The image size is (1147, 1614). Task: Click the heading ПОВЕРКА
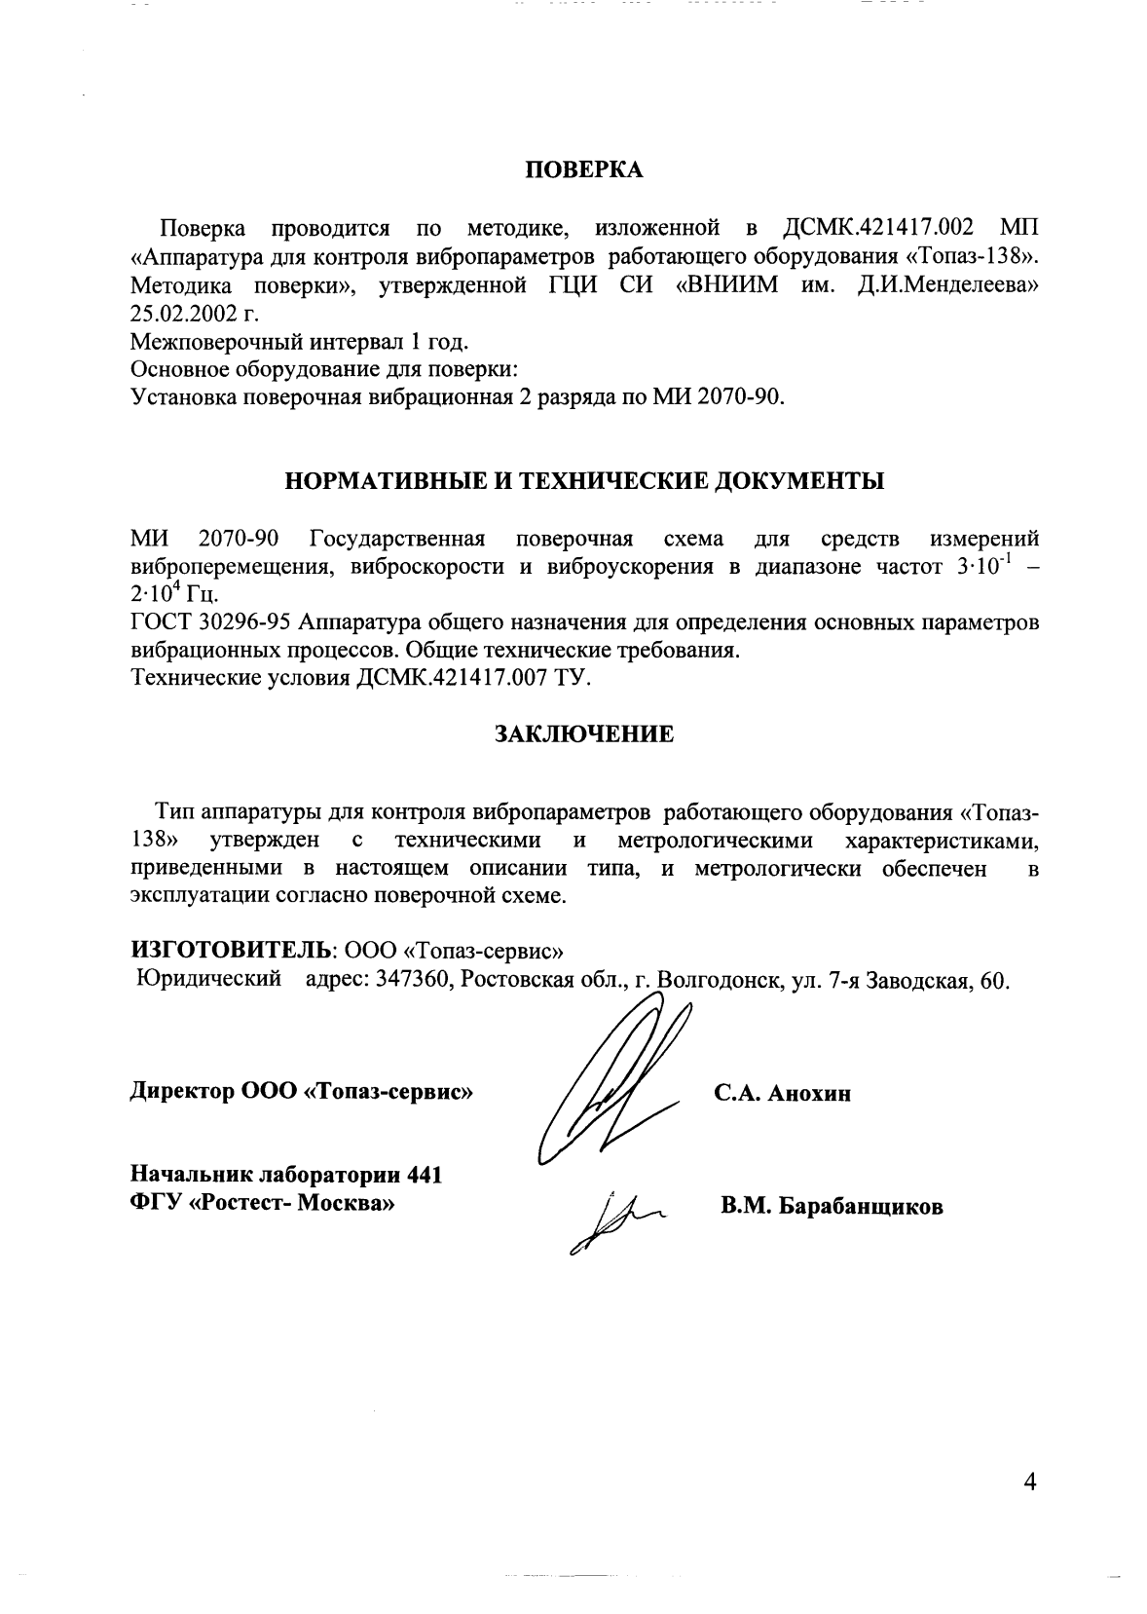584,170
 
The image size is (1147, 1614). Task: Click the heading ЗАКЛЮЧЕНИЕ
584,734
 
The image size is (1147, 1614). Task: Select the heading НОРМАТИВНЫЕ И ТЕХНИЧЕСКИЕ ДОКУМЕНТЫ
584,481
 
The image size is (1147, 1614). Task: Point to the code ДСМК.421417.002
878,229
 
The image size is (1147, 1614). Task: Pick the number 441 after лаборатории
425,1175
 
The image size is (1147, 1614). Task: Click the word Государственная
396,539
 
